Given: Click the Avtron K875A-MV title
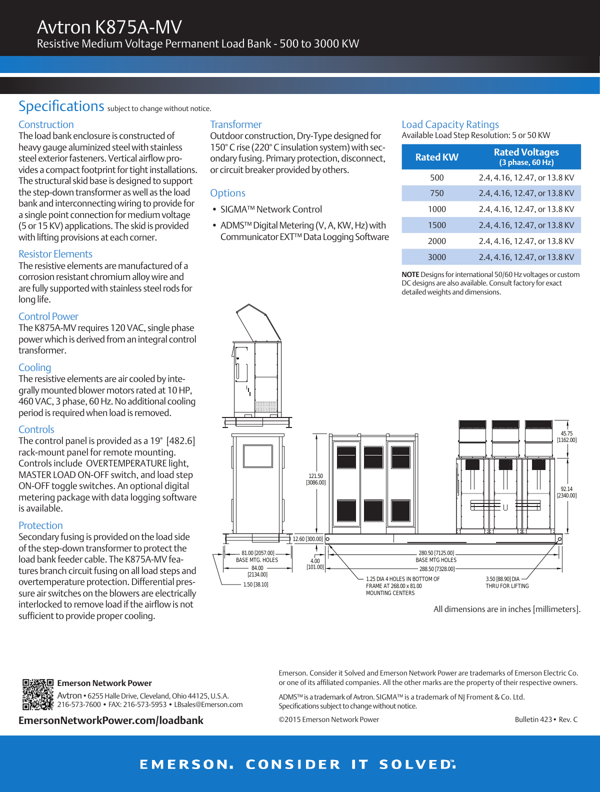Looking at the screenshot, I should tap(109, 26).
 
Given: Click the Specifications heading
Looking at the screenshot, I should tap(61, 106).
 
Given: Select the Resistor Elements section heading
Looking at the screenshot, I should tap(55, 254).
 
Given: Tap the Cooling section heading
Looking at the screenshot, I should tap(34, 367).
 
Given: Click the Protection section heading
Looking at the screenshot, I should tap(40, 525).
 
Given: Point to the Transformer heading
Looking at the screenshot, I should tap(235, 124).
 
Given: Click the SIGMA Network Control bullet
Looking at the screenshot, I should tap(271, 209).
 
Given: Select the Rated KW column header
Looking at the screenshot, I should tap(436, 157).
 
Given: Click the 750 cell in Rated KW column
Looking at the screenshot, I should tap(436, 193).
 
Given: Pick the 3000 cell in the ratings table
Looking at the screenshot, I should tap(436, 257).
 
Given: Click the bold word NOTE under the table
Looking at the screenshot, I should tap(410, 274).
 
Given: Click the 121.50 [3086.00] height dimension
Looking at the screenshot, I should tap(315, 479).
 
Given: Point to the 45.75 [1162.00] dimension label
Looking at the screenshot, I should tap(566, 437).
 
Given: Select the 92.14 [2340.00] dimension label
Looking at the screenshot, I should tap(566, 492).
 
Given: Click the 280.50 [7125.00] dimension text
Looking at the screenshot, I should tap(436, 553).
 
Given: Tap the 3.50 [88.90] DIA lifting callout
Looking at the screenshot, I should tap(502, 579).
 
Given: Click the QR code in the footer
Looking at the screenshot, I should tap(37, 694).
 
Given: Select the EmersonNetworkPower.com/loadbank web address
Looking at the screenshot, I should tap(111, 720).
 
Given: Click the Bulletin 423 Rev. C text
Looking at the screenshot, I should tap(546, 719).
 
